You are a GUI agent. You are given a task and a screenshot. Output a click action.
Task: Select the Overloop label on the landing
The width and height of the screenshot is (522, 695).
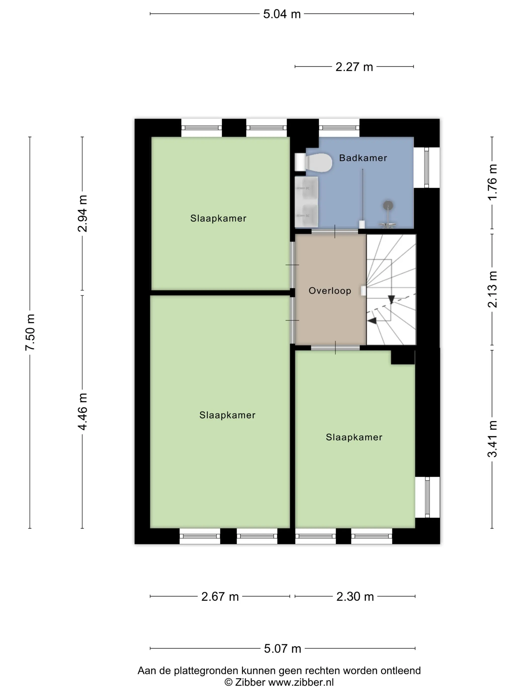pos(330,291)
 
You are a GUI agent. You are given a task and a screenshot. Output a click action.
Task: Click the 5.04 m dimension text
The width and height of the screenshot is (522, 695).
pos(282,14)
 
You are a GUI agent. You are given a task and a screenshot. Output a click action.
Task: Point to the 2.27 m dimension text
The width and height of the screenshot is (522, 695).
pos(354,67)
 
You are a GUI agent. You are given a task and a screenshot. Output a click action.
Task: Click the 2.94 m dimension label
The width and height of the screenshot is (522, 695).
pos(83,214)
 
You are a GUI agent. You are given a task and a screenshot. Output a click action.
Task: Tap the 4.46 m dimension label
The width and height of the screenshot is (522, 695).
pos(83,411)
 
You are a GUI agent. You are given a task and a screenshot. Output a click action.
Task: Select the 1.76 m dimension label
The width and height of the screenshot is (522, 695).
pos(492,182)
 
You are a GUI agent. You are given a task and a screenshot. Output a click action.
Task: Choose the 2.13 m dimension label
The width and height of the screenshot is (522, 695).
pos(492,289)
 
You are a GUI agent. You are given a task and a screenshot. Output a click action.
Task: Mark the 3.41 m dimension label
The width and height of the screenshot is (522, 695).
pos(492,439)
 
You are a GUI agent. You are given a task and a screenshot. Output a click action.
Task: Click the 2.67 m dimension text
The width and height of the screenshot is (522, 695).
pos(220,597)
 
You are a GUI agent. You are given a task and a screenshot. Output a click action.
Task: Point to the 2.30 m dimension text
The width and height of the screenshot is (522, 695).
pos(355,597)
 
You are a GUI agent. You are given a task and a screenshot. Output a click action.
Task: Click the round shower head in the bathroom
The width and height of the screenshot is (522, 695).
pos(388,205)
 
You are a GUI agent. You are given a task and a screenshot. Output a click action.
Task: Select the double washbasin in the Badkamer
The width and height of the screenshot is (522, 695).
pos(306,202)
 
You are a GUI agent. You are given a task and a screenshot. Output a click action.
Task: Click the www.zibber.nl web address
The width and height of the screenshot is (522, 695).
pos(301,682)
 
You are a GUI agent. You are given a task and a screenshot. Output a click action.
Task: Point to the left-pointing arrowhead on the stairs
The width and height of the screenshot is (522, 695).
pos(372,321)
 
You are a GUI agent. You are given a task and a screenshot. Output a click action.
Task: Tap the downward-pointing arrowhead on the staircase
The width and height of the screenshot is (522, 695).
pos(391,299)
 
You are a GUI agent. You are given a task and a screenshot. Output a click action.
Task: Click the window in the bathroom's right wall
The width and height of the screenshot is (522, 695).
pos(427,168)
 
